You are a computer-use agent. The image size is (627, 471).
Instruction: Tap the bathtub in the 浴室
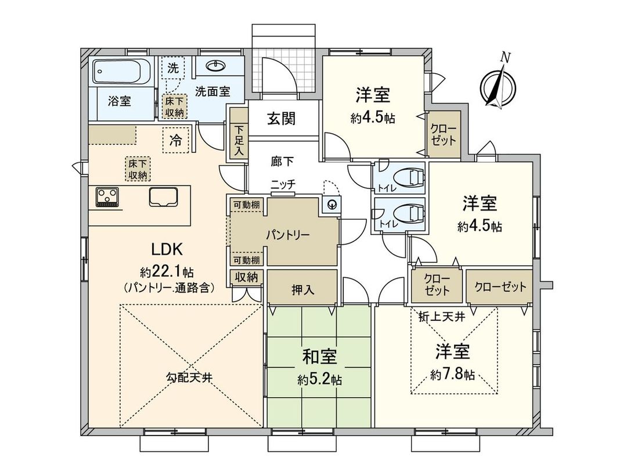(122, 72)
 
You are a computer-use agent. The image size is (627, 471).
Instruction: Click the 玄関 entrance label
(282, 119)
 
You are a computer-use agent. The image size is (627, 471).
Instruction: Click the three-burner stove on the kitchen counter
(107, 197)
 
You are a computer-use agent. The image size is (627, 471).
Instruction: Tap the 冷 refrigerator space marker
(175, 140)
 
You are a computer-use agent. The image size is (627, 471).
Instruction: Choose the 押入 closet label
(302, 288)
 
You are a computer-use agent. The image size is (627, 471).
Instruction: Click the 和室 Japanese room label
(320, 355)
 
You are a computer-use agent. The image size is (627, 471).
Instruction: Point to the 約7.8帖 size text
(453, 376)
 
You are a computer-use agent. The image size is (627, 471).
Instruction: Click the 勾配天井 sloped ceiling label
(189, 377)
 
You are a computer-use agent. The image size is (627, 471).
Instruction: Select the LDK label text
(167, 249)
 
